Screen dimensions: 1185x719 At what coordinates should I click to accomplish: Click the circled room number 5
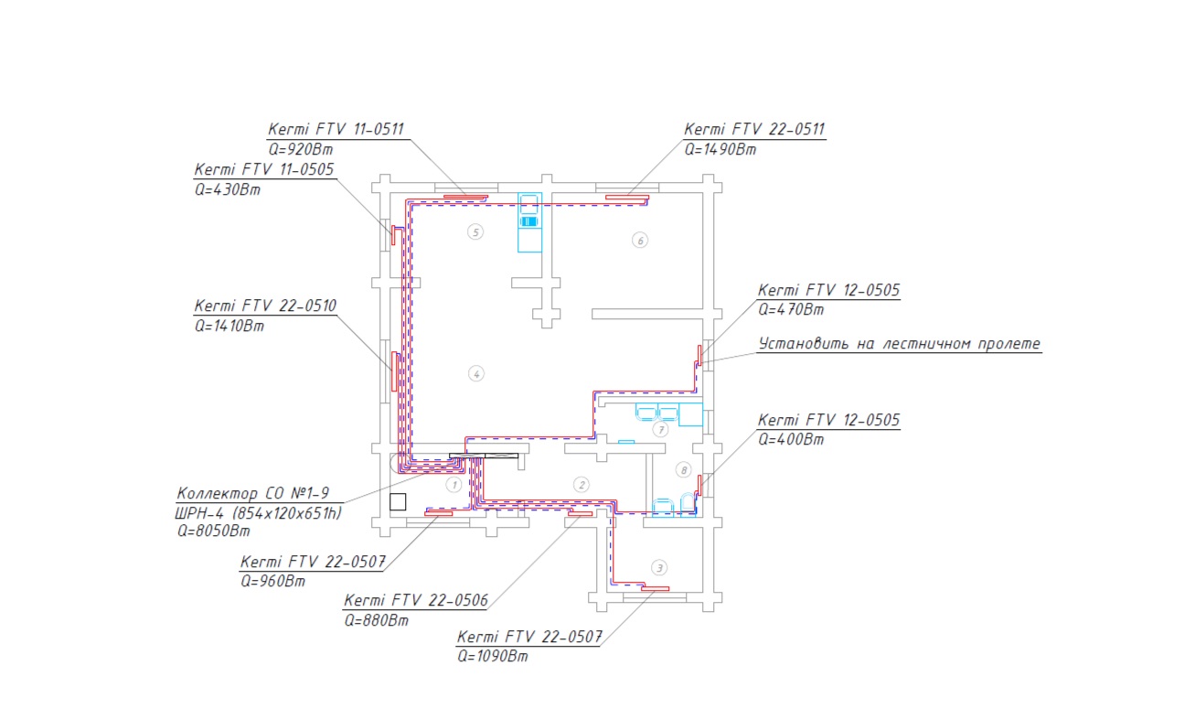pos(475,231)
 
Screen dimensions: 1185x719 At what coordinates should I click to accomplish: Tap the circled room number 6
pos(640,241)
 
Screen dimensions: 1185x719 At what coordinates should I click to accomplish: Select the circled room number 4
pos(476,374)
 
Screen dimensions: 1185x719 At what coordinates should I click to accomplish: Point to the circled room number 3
pos(659,568)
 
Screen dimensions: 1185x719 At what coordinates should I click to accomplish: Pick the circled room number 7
pos(660,429)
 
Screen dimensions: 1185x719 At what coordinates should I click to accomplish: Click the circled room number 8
pos(684,470)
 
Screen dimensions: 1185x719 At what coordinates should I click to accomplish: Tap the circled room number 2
pos(582,485)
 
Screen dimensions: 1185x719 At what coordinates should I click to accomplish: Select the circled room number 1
pos(454,485)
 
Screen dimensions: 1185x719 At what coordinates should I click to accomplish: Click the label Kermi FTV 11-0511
pos(336,129)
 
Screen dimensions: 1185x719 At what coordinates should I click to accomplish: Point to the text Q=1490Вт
pos(720,149)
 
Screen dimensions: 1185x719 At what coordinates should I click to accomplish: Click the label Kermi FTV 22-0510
pos(265,306)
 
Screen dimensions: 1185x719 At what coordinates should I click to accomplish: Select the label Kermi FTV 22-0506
pos(416,600)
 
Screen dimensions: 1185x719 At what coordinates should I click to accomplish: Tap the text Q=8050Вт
pos(213,531)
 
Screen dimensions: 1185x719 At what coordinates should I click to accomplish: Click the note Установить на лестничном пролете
pos(900,344)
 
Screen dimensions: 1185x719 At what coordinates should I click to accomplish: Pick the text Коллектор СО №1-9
pos(253,493)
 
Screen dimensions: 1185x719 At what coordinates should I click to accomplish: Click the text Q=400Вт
pos(791,439)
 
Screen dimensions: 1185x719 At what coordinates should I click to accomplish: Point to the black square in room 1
pos(398,501)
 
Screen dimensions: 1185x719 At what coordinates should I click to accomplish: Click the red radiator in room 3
pos(656,588)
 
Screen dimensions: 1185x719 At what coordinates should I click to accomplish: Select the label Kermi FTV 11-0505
pos(264,169)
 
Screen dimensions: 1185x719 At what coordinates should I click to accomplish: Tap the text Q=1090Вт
pos(493,656)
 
